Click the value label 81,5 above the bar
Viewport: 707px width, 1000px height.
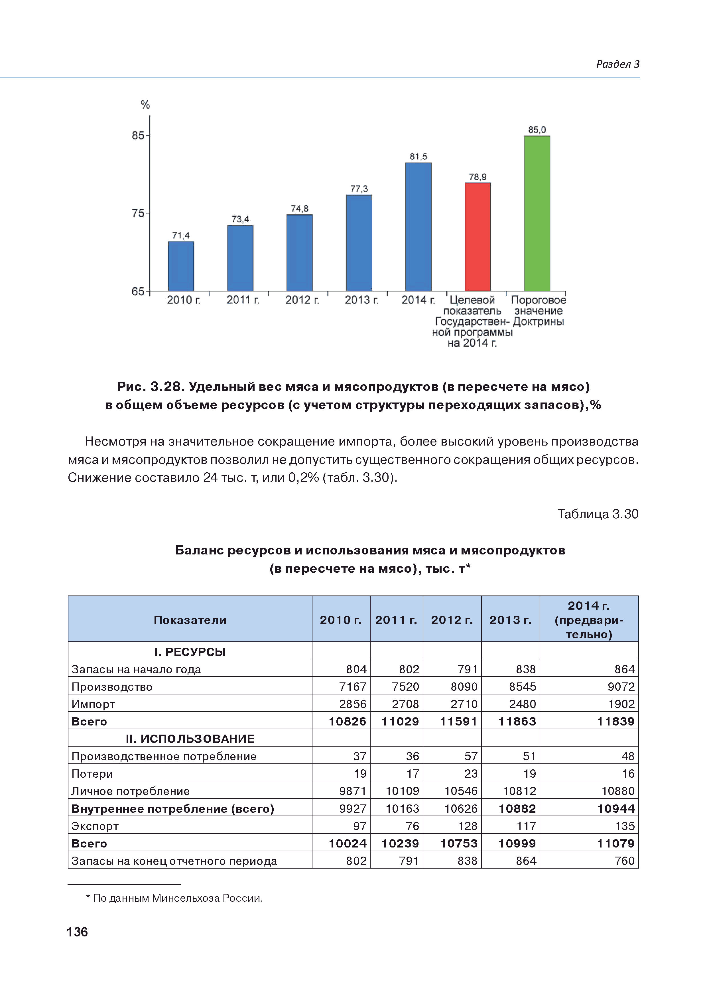pos(418,156)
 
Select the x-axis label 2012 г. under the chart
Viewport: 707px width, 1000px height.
pos(302,300)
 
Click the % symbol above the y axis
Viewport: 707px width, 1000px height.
pos(145,105)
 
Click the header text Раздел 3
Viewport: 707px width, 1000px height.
pos(617,64)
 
